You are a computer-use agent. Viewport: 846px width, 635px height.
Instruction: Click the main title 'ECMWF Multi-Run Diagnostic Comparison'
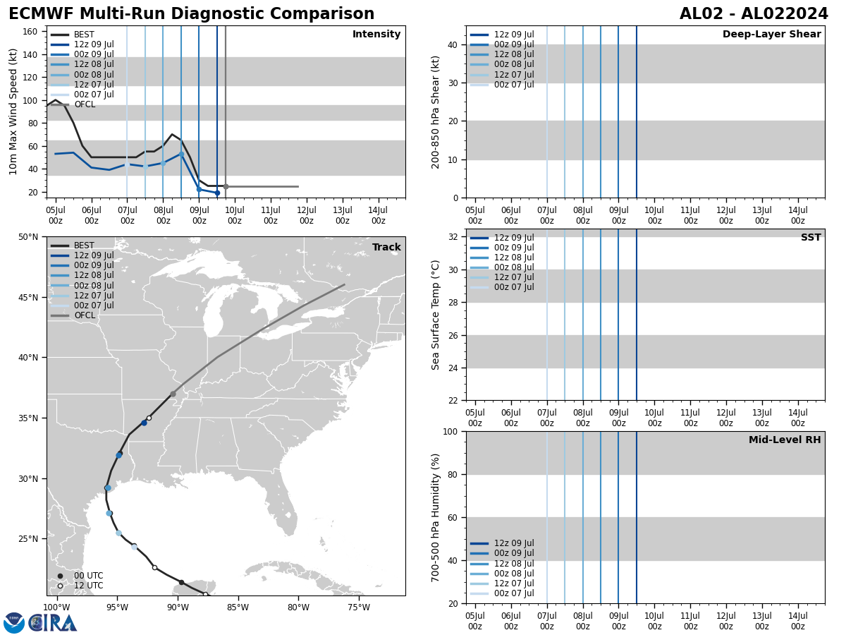pos(191,14)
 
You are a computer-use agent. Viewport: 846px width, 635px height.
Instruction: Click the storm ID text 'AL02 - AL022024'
pos(754,14)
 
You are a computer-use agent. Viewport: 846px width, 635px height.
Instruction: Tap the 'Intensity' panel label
pos(376,35)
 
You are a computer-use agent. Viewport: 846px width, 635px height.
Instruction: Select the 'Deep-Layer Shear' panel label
pos(771,35)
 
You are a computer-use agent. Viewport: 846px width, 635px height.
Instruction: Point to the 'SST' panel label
pos(810,238)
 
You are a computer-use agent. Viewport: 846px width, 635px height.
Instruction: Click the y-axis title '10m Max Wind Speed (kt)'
pos(13,111)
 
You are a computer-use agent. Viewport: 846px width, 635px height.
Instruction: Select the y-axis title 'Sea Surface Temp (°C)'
pos(436,315)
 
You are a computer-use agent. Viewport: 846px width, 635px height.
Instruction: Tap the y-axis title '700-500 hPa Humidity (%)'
pos(436,517)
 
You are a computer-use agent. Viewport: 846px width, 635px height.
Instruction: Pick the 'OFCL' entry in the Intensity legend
pos(84,104)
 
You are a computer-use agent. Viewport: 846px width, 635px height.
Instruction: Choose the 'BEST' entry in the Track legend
pos(84,246)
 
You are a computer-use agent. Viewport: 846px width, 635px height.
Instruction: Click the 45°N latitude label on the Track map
pos(28,297)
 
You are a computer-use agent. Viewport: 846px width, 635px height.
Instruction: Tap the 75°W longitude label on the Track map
pos(359,607)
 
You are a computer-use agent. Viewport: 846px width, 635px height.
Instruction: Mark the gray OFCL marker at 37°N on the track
pos(173,394)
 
